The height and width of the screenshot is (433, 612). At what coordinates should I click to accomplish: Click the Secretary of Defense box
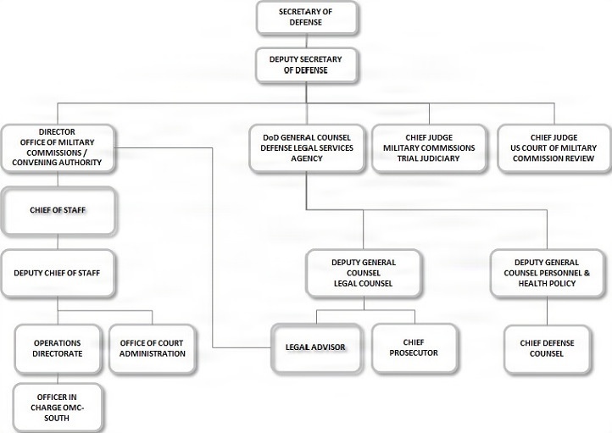click(x=306, y=16)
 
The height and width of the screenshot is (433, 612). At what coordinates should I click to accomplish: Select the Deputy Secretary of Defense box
click(x=306, y=65)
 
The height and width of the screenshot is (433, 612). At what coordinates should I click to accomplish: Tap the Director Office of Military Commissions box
click(x=57, y=147)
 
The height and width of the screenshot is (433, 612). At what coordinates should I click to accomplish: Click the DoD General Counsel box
click(x=305, y=147)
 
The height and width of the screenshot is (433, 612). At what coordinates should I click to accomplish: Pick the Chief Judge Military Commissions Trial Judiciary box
click(x=428, y=147)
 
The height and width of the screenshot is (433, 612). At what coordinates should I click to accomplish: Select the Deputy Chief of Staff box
click(x=57, y=274)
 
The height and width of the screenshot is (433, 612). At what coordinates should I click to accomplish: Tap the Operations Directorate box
click(x=57, y=347)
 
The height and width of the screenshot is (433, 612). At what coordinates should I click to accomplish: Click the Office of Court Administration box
click(x=153, y=347)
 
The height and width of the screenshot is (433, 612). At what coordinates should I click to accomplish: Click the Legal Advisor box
click(x=314, y=347)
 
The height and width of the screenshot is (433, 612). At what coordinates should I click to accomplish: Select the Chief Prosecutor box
click(x=415, y=347)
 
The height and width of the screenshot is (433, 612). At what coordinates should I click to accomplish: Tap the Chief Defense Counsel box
click(x=547, y=347)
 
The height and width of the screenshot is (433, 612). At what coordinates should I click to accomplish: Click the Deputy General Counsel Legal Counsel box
click(x=364, y=273)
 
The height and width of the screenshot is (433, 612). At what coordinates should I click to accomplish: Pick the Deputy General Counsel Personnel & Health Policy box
click(x=546, y=273)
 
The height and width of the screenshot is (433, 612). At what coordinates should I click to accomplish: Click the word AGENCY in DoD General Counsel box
click(x=306, y=158)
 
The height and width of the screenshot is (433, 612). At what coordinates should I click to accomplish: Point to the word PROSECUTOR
click(x=415, y=353)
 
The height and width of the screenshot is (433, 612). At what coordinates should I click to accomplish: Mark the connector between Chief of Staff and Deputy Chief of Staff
click(x=57, y=241)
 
